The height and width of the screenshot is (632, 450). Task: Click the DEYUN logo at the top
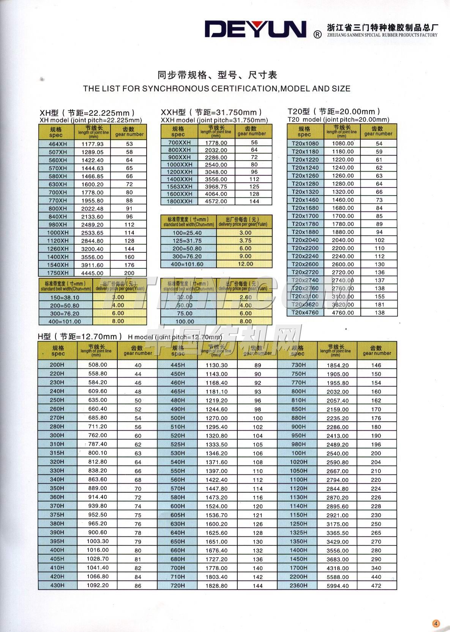click(x=255, y=29)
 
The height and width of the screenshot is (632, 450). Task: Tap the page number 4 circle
click(x=436, y=623)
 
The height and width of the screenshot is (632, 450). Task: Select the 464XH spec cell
click(x=58, y=144)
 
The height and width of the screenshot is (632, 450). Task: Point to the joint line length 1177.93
click(x=92, y=144)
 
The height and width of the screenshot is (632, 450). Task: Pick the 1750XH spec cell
click(x=58, y=273)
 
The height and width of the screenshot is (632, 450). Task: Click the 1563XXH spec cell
click(x=180, y=186)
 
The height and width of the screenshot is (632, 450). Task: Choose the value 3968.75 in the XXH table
click(x=216, y=187)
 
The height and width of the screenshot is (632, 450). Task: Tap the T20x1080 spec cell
click(x=305, y=143)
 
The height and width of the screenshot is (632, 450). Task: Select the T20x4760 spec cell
click(x=305, y=313)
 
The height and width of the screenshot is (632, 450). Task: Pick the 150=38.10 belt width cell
click(x=65, y=298)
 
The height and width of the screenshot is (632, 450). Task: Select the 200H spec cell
click(x=57, y=365)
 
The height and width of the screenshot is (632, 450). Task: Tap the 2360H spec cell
click(x=298, y=585)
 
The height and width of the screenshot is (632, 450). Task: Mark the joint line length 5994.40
click(x=338, y=586)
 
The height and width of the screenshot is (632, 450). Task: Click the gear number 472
click(x=376, y=586)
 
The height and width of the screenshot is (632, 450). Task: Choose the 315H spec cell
click(x=57, y=453)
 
